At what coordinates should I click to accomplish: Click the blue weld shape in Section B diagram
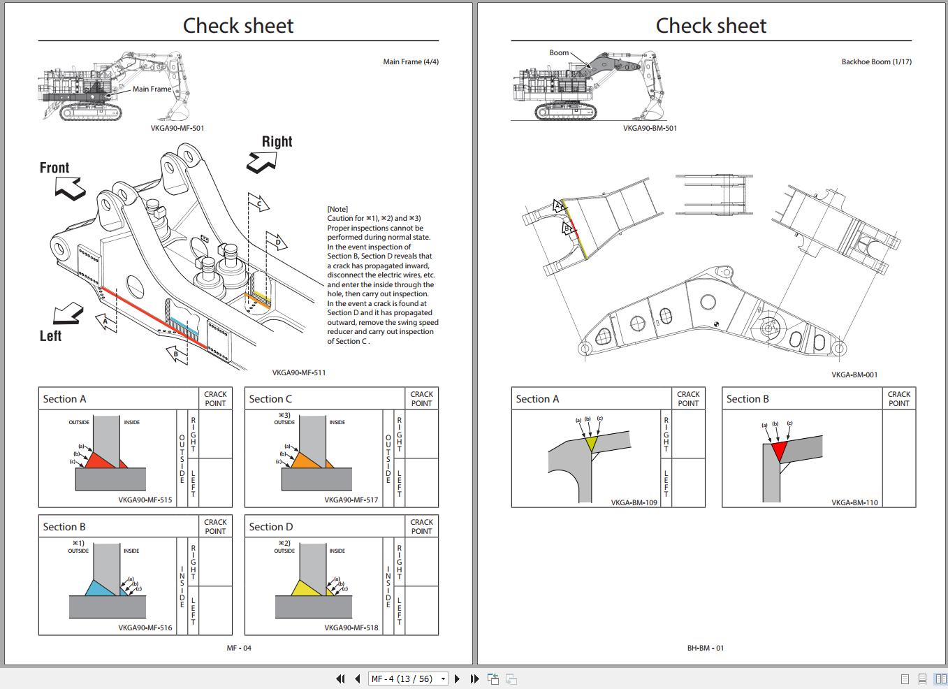tap(100, 588)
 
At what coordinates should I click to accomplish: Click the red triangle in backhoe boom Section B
tap(780, 449)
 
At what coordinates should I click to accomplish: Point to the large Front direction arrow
tap(70, 188)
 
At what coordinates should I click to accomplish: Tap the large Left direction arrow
tap(68, 314)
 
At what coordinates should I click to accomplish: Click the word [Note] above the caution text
tap(337, 209)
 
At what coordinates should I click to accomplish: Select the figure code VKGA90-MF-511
tap(299, 372)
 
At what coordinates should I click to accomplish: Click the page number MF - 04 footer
tap(239, 648)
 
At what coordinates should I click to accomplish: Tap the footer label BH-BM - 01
tap(706, 648)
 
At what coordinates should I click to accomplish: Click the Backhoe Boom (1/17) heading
tap(876, 61)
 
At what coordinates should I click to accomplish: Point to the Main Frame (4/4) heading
tap(411, 61)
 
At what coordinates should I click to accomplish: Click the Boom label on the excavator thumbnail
tap(559, 52)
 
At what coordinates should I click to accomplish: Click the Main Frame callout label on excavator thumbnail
tap(152, 89)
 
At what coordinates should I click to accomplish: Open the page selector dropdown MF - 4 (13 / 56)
tap(408, 679)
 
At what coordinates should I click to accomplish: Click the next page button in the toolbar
tap(457, 679)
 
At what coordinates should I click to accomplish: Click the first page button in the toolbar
tap(340, 679)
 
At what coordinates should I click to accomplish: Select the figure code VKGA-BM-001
tap(854, 375)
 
